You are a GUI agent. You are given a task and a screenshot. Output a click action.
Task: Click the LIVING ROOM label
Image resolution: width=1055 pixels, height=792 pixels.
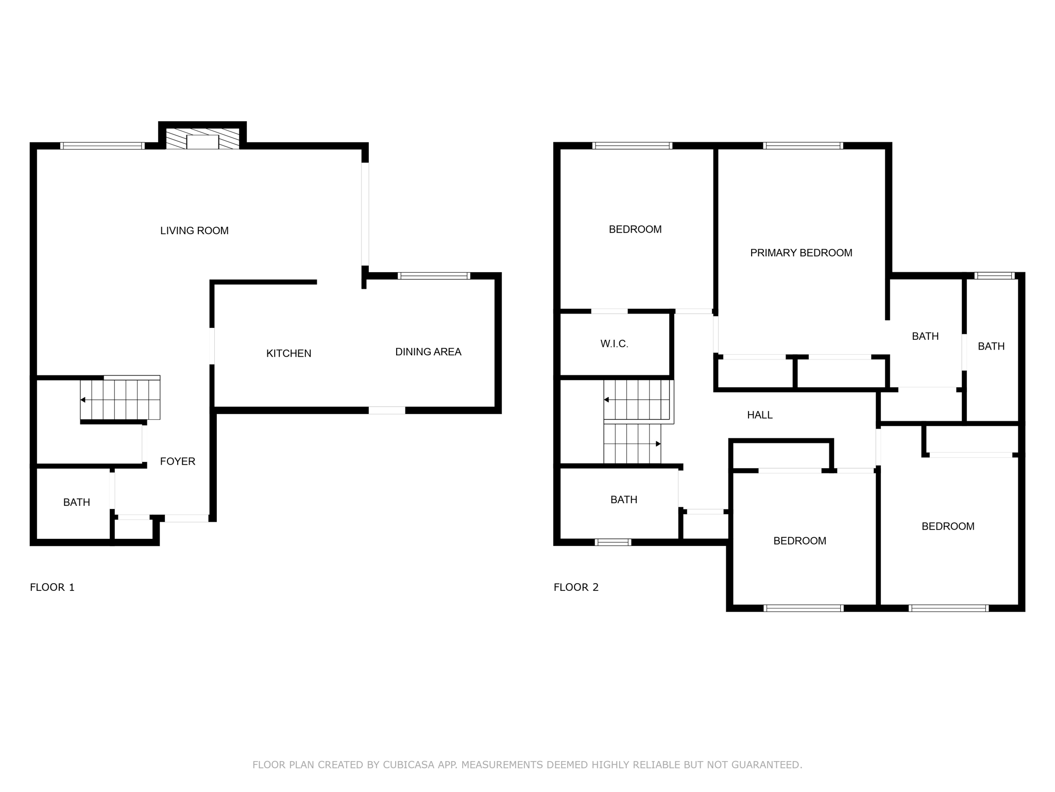point(194,230)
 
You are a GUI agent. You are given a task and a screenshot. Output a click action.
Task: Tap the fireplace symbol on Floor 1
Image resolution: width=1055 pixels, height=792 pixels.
point(202,139)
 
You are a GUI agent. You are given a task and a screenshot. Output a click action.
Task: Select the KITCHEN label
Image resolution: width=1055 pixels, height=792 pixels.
point(288,353)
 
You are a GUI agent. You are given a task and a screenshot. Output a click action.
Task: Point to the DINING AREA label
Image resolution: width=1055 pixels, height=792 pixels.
point(428,352)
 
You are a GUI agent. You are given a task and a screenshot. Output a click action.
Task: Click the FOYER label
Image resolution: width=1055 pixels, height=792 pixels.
point(178,461)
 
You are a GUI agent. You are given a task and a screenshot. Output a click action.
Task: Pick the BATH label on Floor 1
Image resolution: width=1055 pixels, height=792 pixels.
point(77,502)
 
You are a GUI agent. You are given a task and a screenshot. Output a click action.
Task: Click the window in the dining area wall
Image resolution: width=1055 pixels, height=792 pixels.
point(434,276)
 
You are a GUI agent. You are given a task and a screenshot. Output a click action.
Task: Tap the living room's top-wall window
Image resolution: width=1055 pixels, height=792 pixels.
point(103,146)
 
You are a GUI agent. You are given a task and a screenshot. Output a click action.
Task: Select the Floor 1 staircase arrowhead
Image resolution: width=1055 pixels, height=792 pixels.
point(83,400)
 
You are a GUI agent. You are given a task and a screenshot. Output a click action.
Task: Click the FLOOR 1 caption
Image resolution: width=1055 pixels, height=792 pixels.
point(52,587)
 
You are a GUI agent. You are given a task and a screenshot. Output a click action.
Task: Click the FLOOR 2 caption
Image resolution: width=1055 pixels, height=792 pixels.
point(576,587)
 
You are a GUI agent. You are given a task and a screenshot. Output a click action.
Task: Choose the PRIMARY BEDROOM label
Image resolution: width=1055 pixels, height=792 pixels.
point(801,253)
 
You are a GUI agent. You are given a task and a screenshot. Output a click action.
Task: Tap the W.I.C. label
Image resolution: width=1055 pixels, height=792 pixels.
point(614,344)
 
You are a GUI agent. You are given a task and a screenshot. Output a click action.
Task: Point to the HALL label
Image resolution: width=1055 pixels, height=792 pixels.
point(760,415)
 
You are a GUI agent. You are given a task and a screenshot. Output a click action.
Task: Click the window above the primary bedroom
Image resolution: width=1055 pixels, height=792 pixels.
point(803,146)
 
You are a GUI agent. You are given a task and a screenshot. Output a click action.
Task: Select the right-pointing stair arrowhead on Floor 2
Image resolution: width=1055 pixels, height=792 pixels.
point(658,443)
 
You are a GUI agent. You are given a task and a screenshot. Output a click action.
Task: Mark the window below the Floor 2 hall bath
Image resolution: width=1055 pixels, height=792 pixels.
point(613,542)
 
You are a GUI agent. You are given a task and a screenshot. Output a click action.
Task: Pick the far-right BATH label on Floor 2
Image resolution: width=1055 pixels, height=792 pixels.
point(991,346)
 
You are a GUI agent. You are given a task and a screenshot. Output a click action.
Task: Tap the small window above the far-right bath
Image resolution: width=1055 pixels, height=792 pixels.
point(995,276)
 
